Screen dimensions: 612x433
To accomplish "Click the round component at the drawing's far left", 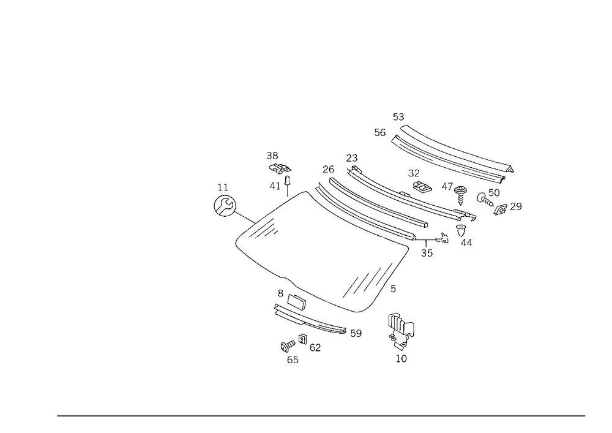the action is point(224,205).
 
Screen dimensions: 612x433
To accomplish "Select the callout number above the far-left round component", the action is point(221,184).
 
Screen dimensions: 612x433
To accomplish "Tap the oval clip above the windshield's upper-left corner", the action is point(280,169).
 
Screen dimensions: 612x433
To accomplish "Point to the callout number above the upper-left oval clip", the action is point(273,154).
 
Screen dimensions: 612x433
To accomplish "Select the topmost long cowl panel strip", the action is point(453,153).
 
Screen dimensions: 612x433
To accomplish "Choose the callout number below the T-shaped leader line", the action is point(427,252).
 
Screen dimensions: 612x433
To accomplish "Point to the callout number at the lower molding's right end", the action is point(356,334).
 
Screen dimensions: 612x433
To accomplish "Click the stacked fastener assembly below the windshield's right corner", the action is point(401,337).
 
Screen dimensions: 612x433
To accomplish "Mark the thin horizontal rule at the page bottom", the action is point(321,415).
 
